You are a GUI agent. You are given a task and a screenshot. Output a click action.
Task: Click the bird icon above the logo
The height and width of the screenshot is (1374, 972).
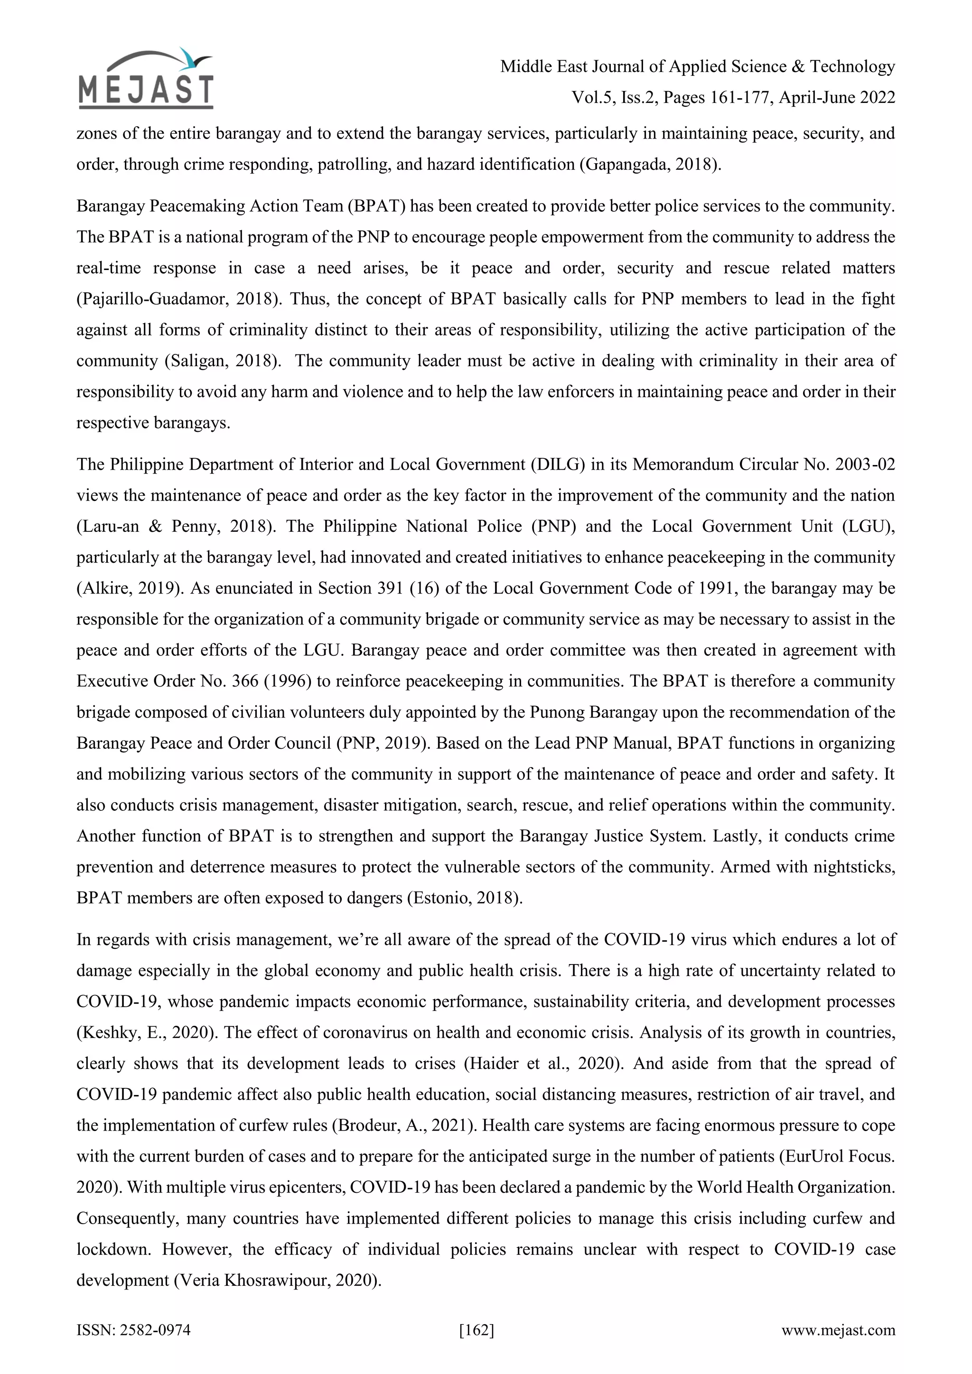click(192, 58)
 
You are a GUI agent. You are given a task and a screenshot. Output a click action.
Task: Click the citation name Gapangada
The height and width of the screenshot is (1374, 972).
click(626, 165)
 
